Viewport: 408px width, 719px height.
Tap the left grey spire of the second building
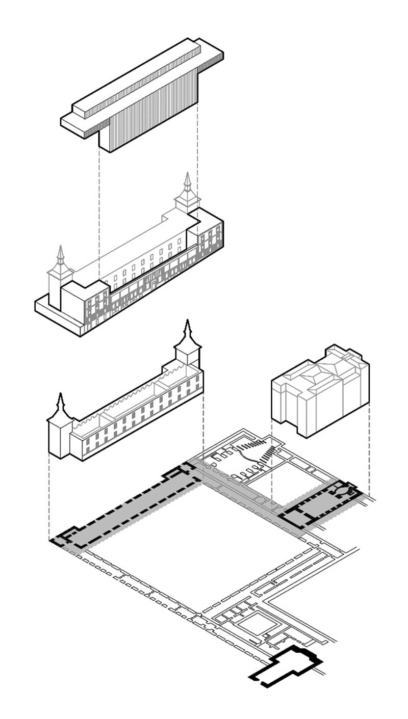[x=61, y=260]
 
